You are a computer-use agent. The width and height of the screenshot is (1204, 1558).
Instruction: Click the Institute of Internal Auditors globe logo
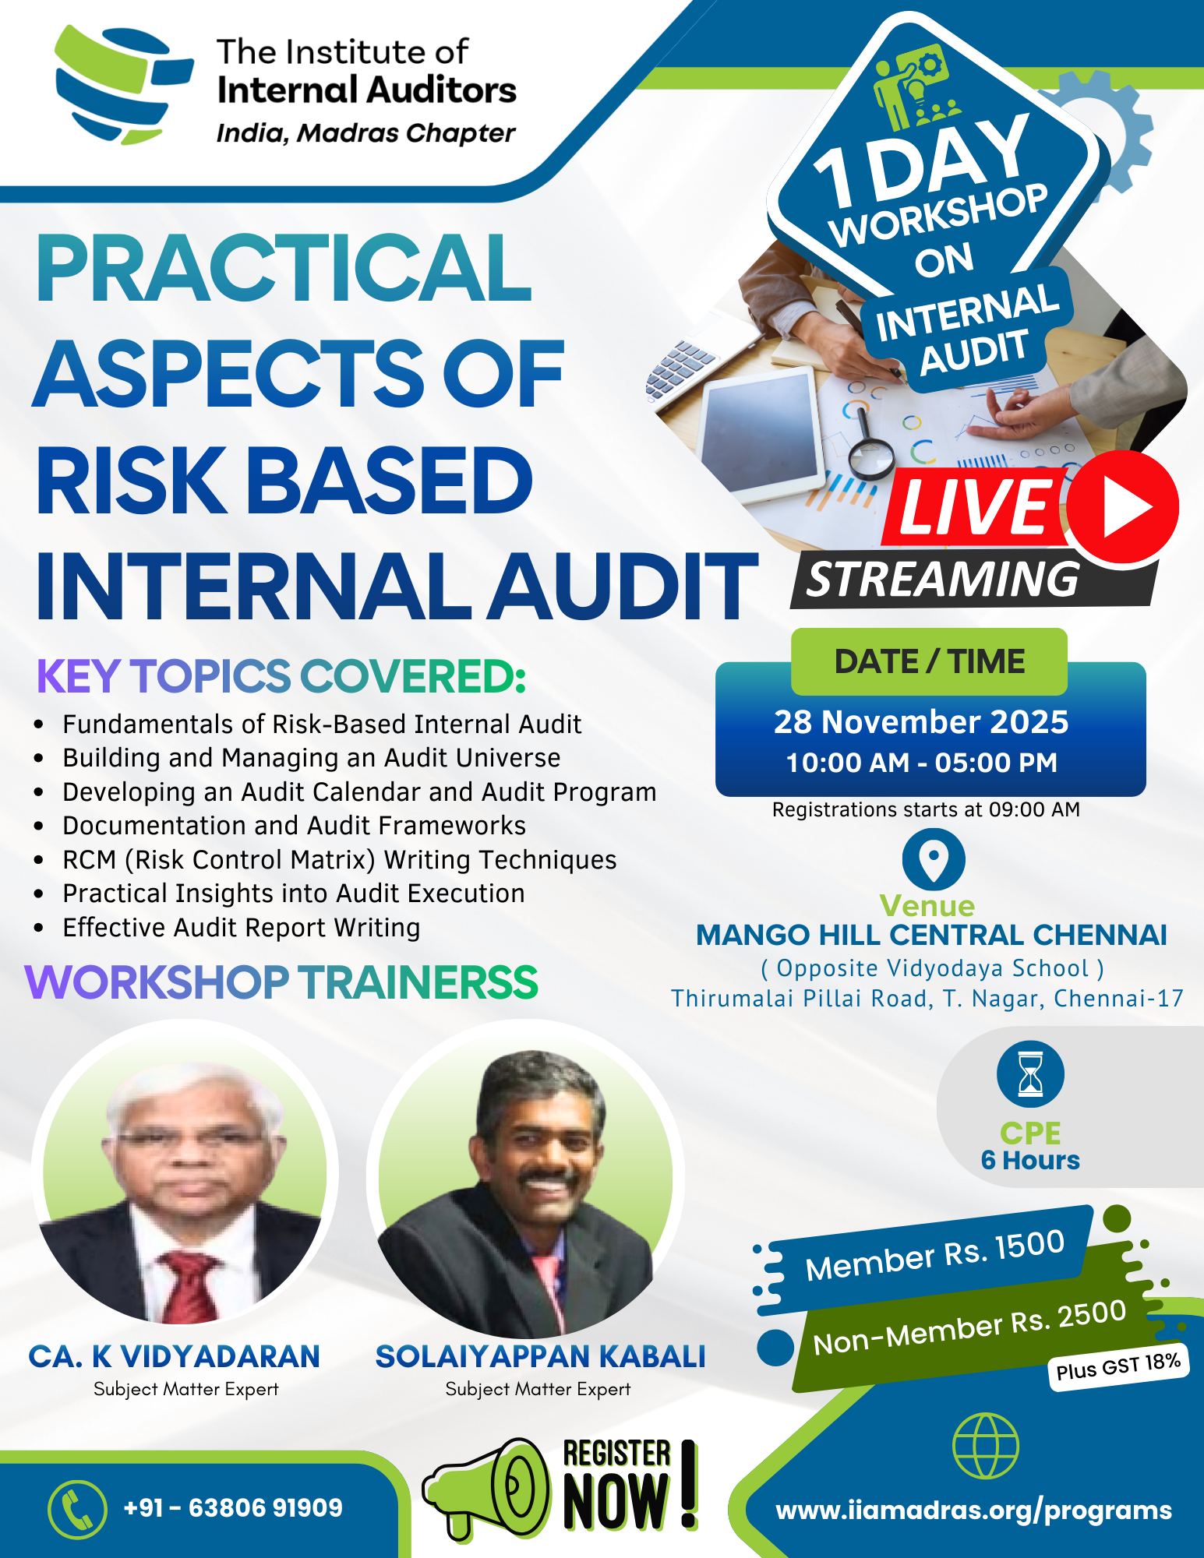[123, 84]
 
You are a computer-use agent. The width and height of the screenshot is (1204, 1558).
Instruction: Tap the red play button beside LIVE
[1122, 507]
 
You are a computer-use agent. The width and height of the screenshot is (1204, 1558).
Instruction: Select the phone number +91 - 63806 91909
[233, 1507]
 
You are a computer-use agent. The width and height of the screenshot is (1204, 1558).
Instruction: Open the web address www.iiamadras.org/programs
[974, 1510]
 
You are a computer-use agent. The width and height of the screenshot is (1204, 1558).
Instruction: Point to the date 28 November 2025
[921, 722]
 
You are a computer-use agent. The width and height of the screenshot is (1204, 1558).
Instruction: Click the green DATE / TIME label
[929, 661]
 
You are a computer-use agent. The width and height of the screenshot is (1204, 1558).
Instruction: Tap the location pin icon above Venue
[934, 859]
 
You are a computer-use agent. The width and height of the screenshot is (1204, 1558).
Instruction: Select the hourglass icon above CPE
[1030, 1074]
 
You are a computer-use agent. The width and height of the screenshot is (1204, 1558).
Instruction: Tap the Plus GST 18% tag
[1118, 1366]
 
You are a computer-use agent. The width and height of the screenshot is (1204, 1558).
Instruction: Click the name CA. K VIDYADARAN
[175, 1356]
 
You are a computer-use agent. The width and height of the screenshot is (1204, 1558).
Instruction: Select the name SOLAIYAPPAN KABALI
[540, 1356]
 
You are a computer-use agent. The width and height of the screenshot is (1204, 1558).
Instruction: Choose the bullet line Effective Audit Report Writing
[242, 927]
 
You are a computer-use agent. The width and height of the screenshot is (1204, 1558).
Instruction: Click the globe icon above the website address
[986, 1446]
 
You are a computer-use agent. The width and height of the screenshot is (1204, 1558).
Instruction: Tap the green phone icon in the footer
[77, 1509]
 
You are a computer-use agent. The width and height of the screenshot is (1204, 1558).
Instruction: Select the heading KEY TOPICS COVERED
[281, 675]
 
